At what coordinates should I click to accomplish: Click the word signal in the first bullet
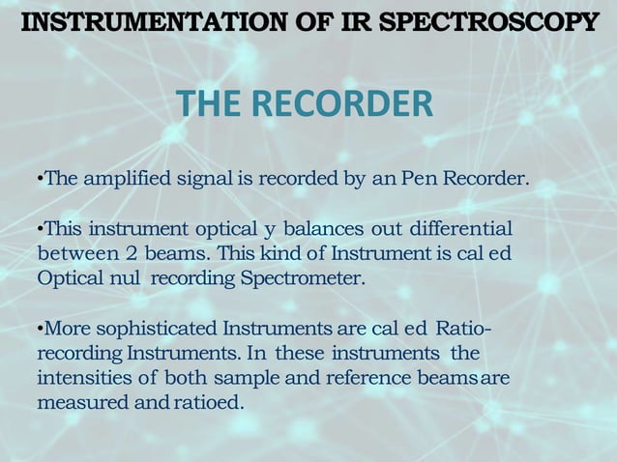tap(206, 180)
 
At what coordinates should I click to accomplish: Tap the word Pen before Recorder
tap(418, 180)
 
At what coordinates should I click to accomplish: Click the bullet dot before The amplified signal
tap(40, 181)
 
